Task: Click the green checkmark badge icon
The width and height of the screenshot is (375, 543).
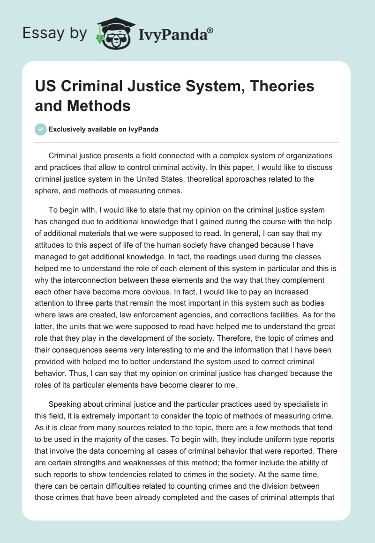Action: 41,129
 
